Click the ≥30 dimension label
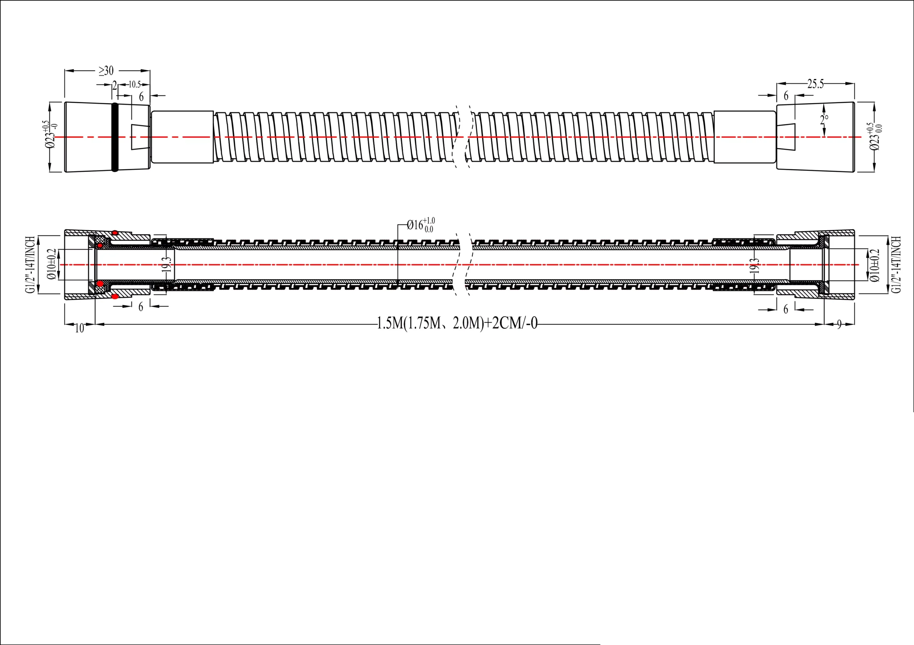(x=106, y=71)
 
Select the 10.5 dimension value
(x=135, y=84)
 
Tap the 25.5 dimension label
(x=815, y=84)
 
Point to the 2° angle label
(x=824, y=119)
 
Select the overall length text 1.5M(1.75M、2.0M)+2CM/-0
(x=457, y=323)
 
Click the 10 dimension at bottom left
(x=80, y=328)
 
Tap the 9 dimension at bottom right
(x=839, y=325)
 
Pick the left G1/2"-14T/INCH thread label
(x=31, y=265)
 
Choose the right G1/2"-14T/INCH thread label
(x=896, y=265)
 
